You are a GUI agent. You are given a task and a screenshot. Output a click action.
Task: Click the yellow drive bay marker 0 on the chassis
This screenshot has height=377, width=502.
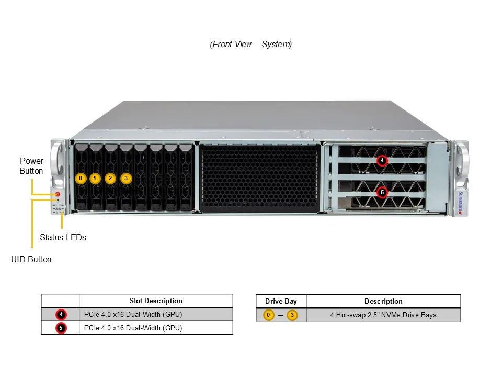[80, 178]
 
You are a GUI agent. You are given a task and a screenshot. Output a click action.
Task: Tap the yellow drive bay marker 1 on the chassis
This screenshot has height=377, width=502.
[95, 178]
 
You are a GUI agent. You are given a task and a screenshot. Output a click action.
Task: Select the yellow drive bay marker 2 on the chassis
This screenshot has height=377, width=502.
[110, 178]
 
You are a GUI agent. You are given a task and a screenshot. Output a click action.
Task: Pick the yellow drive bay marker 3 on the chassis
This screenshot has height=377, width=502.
[125, 178]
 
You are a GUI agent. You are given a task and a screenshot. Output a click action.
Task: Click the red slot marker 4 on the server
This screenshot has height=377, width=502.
[382, 160]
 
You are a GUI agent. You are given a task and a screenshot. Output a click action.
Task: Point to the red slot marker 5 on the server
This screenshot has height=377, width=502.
[382, 192]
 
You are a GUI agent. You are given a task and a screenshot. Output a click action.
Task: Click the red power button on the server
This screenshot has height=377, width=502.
[58, 194]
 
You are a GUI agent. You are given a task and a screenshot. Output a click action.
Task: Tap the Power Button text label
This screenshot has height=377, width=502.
[31, 165]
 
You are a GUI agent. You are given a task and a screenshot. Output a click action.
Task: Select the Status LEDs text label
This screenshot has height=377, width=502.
[63, 237]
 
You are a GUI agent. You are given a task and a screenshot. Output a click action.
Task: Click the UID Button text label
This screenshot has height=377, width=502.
[31, 259]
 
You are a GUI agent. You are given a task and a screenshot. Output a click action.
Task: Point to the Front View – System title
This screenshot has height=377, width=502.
[251, 45]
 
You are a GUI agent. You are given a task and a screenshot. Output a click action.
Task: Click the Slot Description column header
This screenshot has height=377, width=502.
[156, 301]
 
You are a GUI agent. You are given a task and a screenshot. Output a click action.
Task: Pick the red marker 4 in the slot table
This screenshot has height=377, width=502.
[61, 315]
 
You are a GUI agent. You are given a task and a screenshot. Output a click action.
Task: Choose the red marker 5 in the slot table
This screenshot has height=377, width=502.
[61, 328]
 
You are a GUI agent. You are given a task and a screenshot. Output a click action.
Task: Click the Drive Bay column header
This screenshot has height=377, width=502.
[281, 301]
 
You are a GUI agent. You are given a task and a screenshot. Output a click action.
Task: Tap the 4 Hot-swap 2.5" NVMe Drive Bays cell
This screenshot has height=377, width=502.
[383, 315]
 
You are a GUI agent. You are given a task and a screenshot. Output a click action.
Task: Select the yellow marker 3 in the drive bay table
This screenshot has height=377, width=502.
[292, 315]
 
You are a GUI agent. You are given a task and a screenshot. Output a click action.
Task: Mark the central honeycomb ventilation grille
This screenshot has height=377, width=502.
[259, 178]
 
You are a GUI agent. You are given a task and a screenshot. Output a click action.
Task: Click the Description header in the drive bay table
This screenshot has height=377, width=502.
[383, 301]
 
